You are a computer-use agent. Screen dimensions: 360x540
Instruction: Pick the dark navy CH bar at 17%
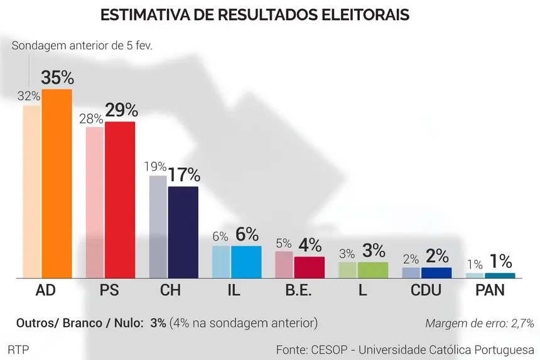(183, 232)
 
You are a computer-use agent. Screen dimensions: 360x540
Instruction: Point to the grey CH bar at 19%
(158, 227)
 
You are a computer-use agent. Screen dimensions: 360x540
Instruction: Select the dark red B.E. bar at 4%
(310, 268)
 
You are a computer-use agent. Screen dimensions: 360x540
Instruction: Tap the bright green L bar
(373, 270)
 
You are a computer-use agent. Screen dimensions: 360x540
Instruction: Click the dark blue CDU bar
(436, 273)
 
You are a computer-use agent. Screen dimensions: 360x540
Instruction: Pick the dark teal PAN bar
(499, 275)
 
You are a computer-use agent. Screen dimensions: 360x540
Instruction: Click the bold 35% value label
(57, 78)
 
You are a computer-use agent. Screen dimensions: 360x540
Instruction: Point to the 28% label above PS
(90, 119)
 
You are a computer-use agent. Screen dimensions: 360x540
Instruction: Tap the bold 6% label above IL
(247, 234)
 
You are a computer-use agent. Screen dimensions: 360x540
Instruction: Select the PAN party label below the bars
(490, 290)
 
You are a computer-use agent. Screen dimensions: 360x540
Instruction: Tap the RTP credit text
(18, 349)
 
